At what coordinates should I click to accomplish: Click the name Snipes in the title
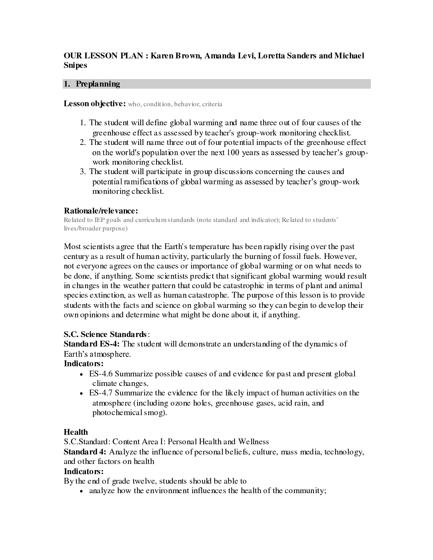(x=75, y=66)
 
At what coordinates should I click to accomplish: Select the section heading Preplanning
(x=98, y=84)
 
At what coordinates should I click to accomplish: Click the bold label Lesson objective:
(x=95, y=104)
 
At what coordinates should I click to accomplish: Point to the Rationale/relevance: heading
(x=101, y=211)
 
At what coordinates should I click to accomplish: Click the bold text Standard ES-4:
(x=92, y=344)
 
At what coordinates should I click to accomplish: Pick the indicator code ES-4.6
(x=101, y=374)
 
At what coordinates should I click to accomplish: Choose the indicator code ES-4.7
(x=101, y=393)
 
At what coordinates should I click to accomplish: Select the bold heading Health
(x=76, y=432)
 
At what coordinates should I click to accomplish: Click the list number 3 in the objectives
(x=82, y=172)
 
